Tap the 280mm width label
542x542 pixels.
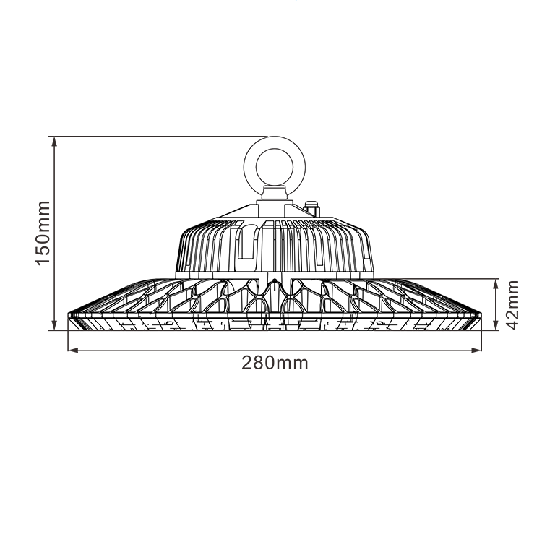pyautogui.click(x=275, y=363)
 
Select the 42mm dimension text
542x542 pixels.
pyautogui.click(x=512, y=304)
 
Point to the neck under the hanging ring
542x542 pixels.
pyautogui.click(x=275, y=192)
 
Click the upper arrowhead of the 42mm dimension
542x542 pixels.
pyautogui.click(x=495, y=283)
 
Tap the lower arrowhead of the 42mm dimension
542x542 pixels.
pyautogui.click(x=495, y=326)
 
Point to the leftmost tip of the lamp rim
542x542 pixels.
pyautogui.click(x=68, y=316)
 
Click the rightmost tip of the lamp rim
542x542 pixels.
pyautogui.click(x=481, y=316)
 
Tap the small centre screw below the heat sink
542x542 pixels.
pyautogui.click(x=275, y=280)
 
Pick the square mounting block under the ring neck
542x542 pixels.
pyautogui.click(x=275, y=208)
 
